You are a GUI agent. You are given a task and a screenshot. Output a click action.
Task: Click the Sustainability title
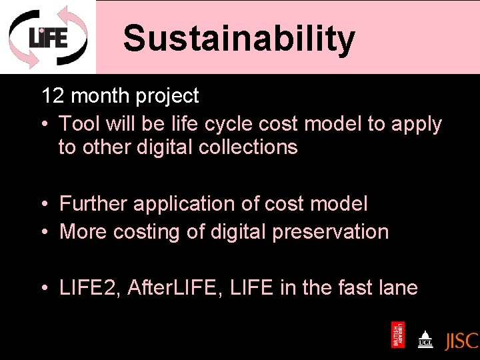pos(239,38)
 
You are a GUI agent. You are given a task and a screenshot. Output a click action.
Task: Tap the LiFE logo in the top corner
pos(47,37)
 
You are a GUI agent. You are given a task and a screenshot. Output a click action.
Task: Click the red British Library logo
pos(397,335)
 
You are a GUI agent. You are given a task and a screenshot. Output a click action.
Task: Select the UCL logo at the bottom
pos(425,339)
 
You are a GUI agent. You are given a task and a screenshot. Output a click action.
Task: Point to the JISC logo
pos(461,340)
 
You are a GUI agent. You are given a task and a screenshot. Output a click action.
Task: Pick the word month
pos(100,96)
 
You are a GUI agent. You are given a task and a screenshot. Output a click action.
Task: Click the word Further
pos(93,203)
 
